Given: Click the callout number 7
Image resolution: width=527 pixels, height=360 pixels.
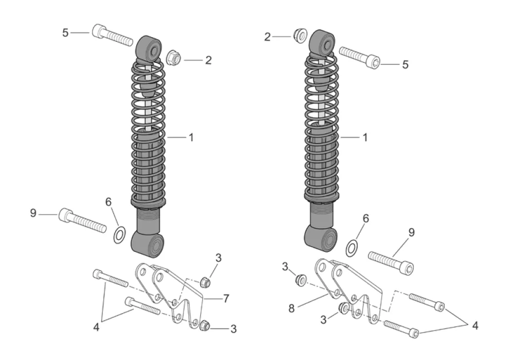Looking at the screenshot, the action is [226, 298].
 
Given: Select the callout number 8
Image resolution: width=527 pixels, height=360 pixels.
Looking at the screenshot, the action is [292, 308].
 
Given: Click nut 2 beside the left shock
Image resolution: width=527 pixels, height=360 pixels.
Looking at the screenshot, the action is [174, 57].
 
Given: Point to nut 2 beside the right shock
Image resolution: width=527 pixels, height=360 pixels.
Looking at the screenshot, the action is [300, 36].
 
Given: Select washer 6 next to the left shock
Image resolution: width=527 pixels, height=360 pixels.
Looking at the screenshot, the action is [119, 235].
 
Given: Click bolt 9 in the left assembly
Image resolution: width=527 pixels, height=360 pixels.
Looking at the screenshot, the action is [83, 220].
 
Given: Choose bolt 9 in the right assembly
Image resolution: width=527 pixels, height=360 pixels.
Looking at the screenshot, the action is [391, 262].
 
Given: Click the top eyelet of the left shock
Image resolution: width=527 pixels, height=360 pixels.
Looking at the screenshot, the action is [148, 49].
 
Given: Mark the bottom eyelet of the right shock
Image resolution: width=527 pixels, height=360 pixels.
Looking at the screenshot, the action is [320, 238].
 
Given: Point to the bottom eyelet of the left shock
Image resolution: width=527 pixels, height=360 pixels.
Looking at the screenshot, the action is [148, 244].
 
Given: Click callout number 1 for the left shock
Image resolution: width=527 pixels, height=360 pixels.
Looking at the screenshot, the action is [191, 138].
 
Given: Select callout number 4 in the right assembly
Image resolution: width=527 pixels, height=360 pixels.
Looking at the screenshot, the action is [475, 325].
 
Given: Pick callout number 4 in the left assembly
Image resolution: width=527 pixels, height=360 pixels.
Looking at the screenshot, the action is [96, 327].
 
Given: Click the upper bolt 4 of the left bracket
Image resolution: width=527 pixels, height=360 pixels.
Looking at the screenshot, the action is [110, 278].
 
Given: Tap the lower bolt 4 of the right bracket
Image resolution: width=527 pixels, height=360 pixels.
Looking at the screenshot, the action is [401, 329].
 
